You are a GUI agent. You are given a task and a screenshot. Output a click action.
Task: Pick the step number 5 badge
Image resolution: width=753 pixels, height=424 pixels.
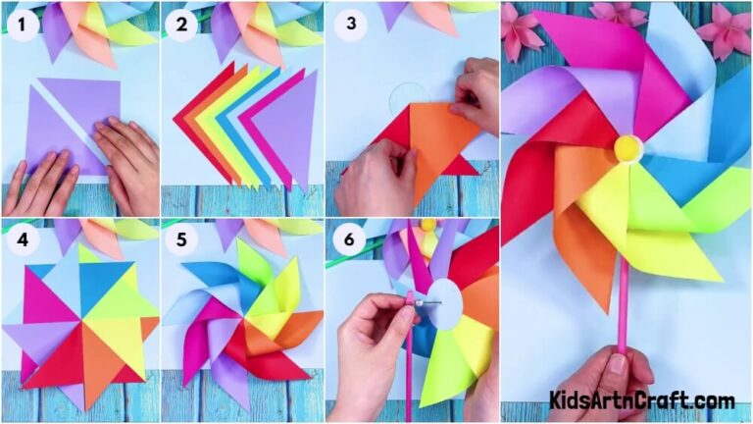point(182,238)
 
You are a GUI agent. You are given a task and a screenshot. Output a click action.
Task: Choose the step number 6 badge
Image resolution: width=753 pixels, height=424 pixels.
point(345,238)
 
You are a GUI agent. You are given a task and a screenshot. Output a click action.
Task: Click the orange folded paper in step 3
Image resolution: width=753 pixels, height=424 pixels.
point(431,147)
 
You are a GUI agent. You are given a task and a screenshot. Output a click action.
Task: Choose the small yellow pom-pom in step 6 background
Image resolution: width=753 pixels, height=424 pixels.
point(427,225)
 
